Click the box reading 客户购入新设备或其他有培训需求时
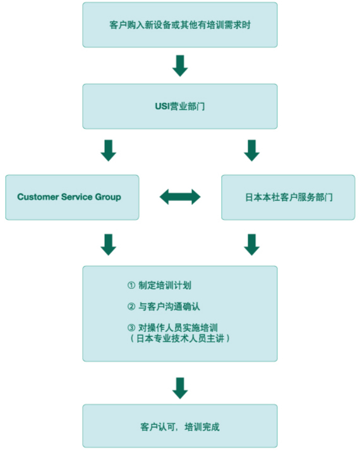coord(180,25)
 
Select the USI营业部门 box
coord(180,106)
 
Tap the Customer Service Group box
coord(72,197)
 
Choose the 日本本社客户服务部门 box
coord(288,197)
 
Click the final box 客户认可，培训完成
coord(180,426)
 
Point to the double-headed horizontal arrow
coord(180,197)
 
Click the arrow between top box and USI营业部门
coord(180,66)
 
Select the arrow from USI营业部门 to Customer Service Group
coord(108,150)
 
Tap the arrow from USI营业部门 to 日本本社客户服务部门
coord(252,150)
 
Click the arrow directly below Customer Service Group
coord(108,245)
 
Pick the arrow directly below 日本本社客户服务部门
coord(252,245)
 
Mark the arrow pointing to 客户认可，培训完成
coord(180,388)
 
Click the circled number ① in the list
coord(131,285)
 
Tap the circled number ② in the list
coord(131,307)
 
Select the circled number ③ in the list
coord(131,327)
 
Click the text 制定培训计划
coord(165,285)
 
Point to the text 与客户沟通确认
coord(169,307)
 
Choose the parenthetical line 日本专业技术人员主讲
coord(180,338)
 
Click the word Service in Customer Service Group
coord(77,197)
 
